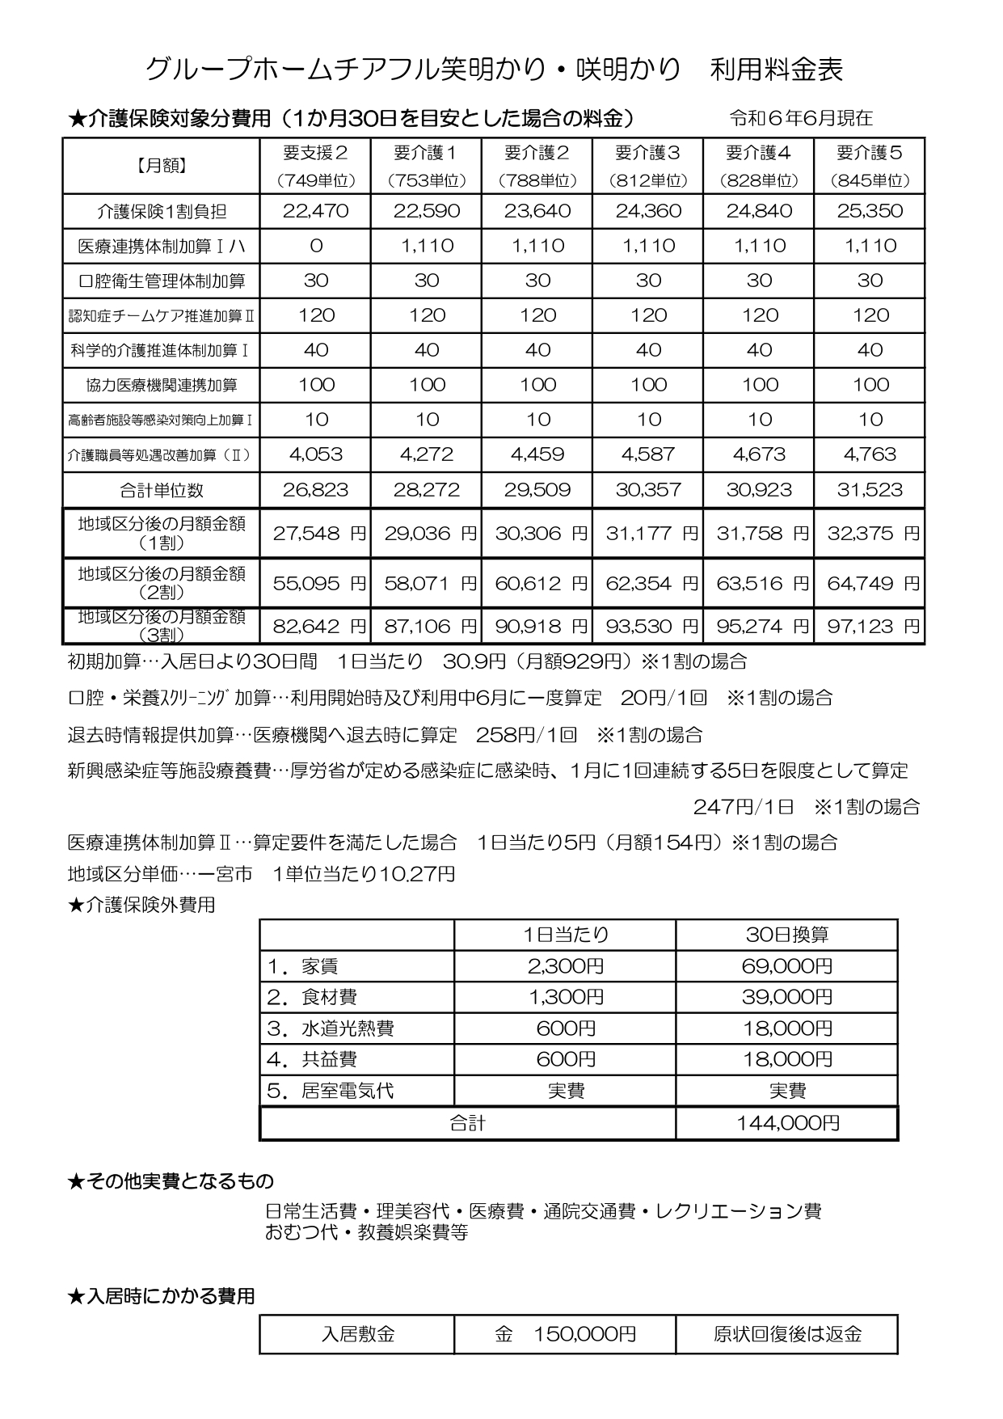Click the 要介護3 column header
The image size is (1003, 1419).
click(x=648, y=153)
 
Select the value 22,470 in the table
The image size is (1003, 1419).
click(x=316, y=212)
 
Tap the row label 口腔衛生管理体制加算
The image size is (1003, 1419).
click(x=162, y=281)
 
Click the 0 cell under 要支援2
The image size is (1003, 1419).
click(x=316, y=247)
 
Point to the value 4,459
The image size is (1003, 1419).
click(x=537, y=454)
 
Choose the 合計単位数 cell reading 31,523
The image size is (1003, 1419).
click(x=870, y=490)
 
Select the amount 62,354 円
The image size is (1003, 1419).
click(x=651, y=584)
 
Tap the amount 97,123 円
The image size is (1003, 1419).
click(x=873, y=626)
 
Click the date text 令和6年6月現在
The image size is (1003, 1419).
click(x=800, y=119)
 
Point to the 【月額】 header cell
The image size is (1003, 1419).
click(x=162, y=166)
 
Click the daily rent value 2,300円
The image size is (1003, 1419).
click(x=565, y=966)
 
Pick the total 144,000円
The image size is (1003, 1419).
click(x=787, y=1123)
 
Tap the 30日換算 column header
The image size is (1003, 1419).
click(x=787, y=935)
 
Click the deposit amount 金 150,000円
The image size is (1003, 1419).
click(x=565, y=1334)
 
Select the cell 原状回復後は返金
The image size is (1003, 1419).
click(x=787, y=1334)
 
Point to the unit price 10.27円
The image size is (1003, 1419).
click(x=416, y=874)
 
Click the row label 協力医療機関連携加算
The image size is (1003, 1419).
click(x=162, y=386)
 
